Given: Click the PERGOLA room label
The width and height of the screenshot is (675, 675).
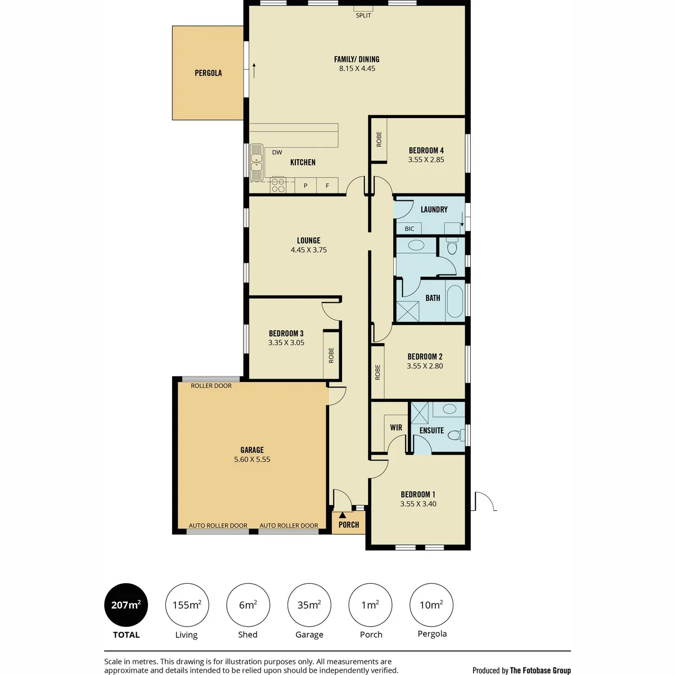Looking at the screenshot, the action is [x=208, y=73].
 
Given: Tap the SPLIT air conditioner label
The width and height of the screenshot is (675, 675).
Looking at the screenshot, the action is [x=363, y=15].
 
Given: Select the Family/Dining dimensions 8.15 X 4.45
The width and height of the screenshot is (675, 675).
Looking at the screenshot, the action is [x=357, y=68].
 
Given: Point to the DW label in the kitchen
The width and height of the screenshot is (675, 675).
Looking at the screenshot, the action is [x=277, y=152].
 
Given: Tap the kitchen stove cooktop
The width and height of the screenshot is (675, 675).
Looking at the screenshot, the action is [x=278, y=185].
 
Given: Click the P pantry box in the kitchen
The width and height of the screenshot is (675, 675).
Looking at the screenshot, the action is [x=305, y=185].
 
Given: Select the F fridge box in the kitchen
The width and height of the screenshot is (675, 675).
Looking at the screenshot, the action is [x=327, y=185].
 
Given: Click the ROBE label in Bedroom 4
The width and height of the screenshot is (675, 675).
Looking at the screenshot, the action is [x=379, y=139].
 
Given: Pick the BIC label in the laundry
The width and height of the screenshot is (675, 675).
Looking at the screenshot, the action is [x=409, y=229].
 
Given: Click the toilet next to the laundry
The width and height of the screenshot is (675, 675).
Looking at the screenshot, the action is [x=452, y=246].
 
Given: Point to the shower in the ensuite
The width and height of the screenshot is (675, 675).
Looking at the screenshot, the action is [x=419, y=413].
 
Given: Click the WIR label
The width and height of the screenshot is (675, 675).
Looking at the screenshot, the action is [x=396, y=427].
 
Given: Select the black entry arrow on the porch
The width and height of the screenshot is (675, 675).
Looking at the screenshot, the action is [x=343, y=515].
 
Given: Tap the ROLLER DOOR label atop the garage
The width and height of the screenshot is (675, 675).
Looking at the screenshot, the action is [x=211, y=386].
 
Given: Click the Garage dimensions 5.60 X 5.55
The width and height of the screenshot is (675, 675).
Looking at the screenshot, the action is [x=252, y=459].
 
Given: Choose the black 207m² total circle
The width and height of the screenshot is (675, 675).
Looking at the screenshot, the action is [x=126, y=605].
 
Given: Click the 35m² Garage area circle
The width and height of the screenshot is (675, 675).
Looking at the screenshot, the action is [x=309, y=605].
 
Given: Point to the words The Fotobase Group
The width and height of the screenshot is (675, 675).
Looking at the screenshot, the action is [x=540, y=670].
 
